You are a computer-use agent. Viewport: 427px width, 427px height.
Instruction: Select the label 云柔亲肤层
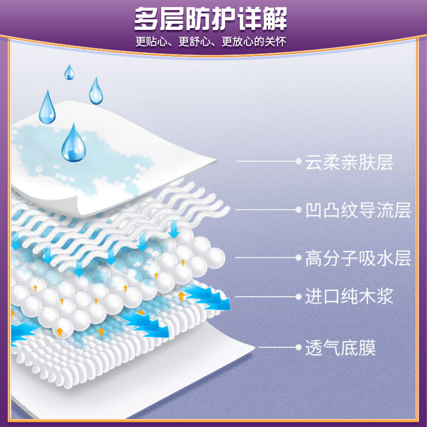(349, 162)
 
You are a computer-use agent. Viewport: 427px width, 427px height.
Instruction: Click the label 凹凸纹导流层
(358, 210)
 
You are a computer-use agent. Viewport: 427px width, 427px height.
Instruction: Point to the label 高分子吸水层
(358, 258)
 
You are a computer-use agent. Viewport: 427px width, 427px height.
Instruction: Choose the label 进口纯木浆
(349, 296)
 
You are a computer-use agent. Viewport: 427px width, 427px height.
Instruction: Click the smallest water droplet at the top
(69, 73)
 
